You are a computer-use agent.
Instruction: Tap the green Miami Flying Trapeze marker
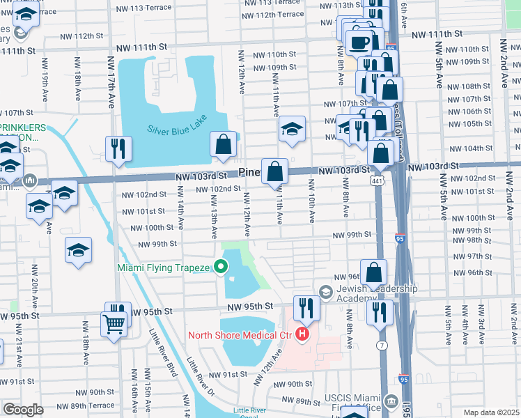[221, 266]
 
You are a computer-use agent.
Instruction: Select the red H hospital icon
[302, 335]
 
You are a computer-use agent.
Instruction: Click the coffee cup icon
[359, 41]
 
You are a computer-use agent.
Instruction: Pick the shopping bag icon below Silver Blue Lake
[224, 144]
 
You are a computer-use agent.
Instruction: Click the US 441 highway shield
[376, 181]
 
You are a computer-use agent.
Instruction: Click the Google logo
[23, 410]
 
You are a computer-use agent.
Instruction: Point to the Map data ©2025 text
[490, 412]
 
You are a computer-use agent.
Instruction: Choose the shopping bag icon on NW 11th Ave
[275, 171]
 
